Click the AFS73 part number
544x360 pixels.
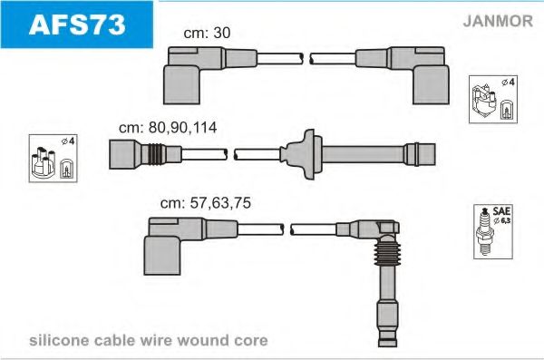pos(77,24)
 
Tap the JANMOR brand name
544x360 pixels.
pos(498,21)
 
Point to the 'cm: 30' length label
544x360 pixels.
pos(207,33)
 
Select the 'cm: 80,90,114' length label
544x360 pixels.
pos(168,128)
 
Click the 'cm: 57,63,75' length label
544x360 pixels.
pos(206,203)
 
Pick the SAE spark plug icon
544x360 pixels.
pos(493,231)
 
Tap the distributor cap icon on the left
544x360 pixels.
pos(53,159)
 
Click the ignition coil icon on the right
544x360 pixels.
pos(493,99)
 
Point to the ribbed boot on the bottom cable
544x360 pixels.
pos(387,253)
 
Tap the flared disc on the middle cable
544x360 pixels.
pos(302,154)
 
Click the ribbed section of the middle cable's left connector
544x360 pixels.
pos(157,154)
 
